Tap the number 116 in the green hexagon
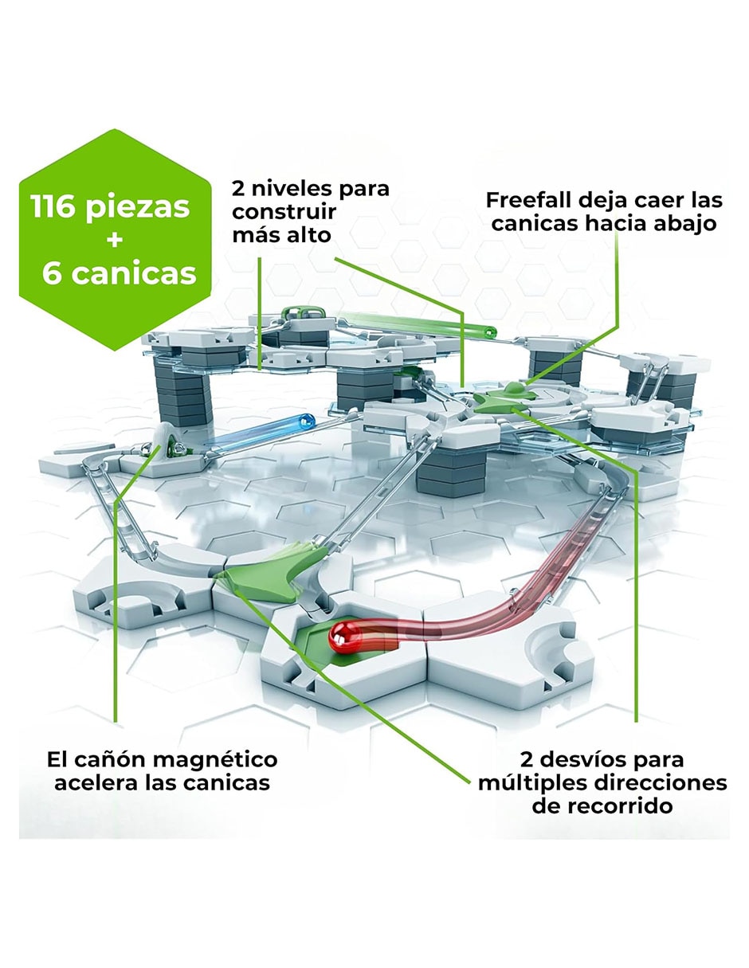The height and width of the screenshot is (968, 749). (x=53, y=206)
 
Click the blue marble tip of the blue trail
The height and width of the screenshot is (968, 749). (x=306, y=420)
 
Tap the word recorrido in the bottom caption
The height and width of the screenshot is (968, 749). (x=602, y=806)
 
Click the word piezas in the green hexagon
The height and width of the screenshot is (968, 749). (x=138, y=209)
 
